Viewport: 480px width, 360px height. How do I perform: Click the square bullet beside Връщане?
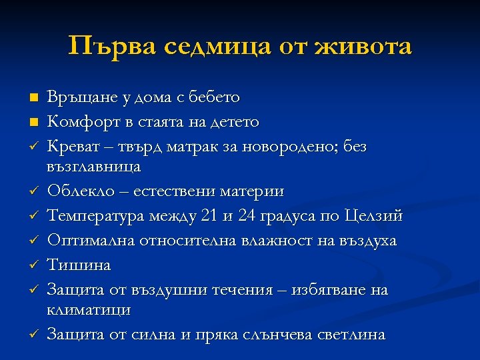point(33,97)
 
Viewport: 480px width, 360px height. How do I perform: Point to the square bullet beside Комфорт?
point(33,122)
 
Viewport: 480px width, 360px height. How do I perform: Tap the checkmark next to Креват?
point(33,146)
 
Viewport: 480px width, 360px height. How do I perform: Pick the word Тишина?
point(79,265)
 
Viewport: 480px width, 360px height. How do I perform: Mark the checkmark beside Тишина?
point(33,265)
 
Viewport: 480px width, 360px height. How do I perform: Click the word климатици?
point(89,310)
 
